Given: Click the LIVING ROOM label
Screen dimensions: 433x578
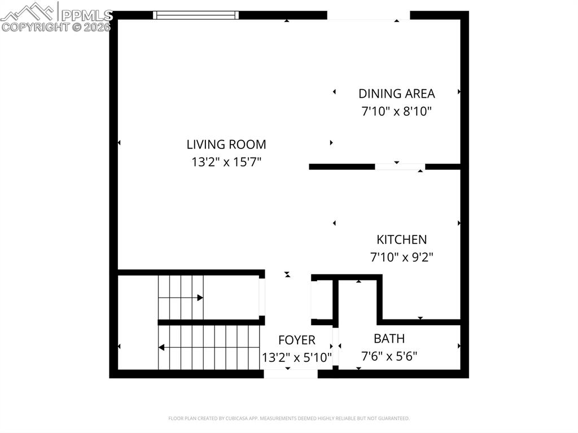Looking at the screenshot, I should click(x=226, y=145).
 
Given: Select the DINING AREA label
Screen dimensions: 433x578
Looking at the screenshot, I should click(x=397, y=94).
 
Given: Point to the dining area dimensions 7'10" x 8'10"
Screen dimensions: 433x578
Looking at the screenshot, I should click(x=397, y=111).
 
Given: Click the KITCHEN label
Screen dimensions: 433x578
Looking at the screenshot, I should click(x=402, y=240).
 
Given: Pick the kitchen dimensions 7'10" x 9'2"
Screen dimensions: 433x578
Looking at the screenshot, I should click(x=402, y=257).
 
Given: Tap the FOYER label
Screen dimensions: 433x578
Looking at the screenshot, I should click(x=297, y=340).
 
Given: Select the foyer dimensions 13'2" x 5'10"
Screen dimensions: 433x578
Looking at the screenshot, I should click(x=297, y=357).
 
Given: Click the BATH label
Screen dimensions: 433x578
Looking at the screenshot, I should click(x=389, y=339).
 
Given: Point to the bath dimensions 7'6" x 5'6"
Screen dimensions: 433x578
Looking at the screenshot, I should click(x=389, y=356).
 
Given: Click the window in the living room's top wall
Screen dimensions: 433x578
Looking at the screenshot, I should click(x=196, y=15).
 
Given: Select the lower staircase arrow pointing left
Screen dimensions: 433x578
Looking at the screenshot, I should click(x=162, y=347).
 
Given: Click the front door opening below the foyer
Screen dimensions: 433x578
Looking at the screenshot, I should click(x=291, y=373).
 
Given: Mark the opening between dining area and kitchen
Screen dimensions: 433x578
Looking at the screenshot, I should click(x=400, y=167).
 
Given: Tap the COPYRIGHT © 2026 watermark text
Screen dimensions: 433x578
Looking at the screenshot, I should click(x=56, y=27).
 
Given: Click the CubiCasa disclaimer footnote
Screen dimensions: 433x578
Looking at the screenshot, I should click(x=288, y=418).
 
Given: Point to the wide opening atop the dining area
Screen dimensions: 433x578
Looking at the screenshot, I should click(x=369, y=16).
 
